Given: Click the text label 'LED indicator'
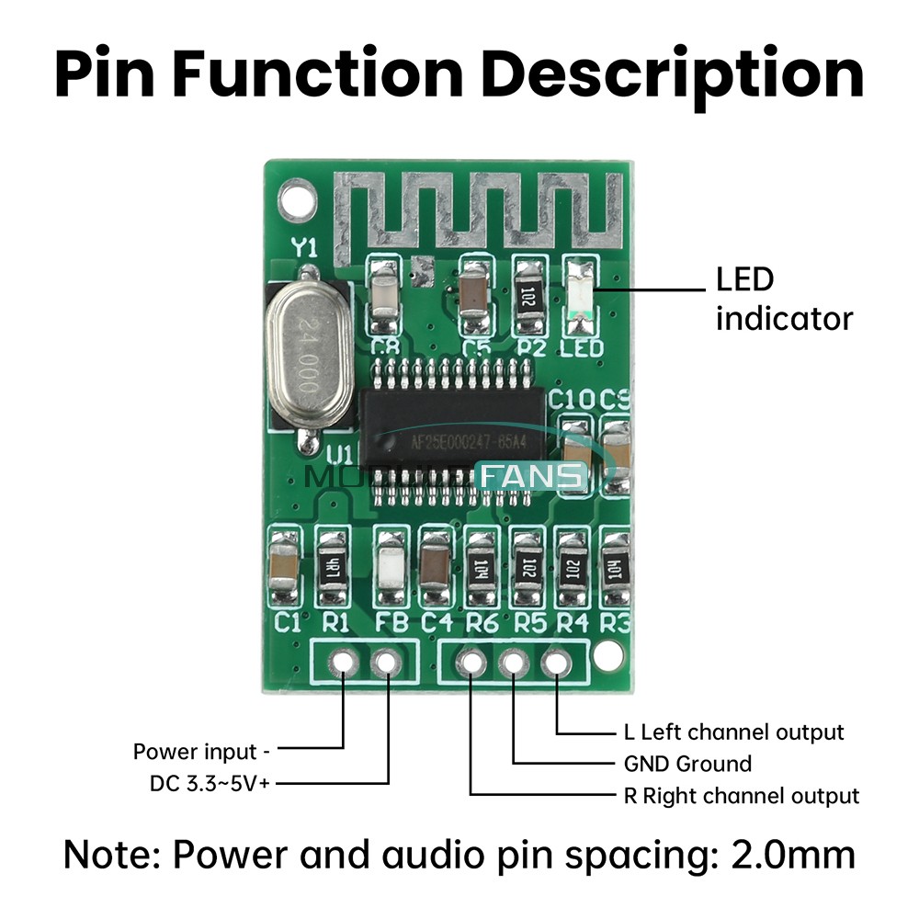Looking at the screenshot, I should click(784, 299).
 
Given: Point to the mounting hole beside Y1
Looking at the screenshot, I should click(293, 196).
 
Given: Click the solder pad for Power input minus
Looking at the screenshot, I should click(344, 661).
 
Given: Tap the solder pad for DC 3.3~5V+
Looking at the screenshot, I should click(387, 661).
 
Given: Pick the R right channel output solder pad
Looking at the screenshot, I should click(471, 662).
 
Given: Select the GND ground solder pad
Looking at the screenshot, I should click(513, 662).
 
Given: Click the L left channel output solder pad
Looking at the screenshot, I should click(556, 662).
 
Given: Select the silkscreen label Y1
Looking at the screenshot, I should click(304, 247).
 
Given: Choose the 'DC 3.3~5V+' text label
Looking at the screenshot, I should click(210, 784).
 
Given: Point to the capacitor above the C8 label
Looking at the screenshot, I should click(383, 294).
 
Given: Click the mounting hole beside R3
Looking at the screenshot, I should click(607, 654).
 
